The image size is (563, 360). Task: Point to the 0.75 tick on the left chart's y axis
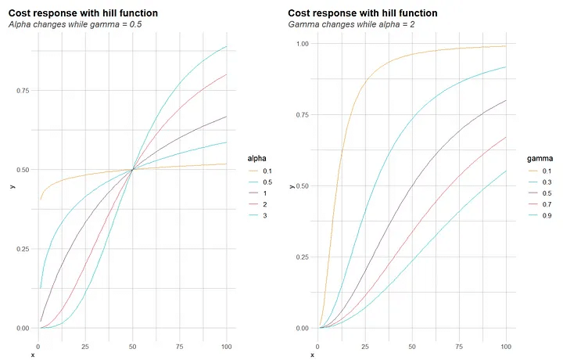22,90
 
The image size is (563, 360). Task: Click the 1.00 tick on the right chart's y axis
300,44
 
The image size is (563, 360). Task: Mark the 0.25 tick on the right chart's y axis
300,257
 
